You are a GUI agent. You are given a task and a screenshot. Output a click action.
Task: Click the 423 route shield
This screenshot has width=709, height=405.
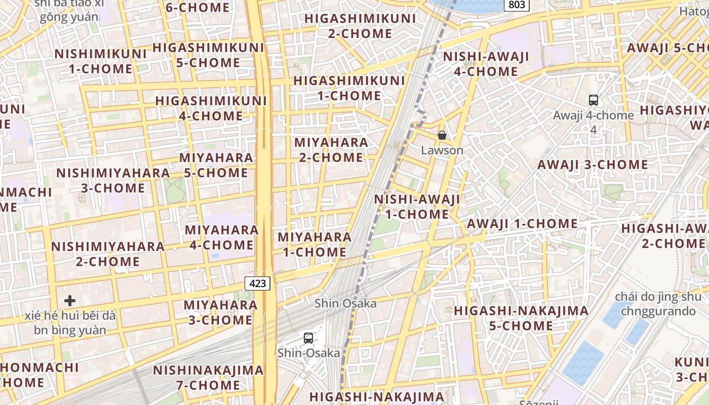[x=258, y=283]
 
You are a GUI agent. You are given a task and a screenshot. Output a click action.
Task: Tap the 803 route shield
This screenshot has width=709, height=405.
[x=517, y=5]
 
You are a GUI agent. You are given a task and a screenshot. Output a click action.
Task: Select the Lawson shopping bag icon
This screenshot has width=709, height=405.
[x=442, y=135]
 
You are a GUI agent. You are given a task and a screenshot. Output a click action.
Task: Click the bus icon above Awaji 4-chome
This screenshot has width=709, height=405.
[x=594, y=100]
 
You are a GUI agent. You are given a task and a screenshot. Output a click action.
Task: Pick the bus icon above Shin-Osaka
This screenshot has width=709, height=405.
[x=308, y=338]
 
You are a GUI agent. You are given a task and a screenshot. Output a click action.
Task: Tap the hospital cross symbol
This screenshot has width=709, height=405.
[x=70, y=301]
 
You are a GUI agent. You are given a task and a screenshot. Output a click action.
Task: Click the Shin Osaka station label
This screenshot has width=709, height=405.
[x=345, y=303]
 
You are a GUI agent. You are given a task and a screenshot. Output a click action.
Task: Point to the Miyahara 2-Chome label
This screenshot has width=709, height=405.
[x=331, y=150]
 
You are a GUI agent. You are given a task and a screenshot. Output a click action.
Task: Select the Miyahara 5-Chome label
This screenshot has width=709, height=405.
[x=216, y=165]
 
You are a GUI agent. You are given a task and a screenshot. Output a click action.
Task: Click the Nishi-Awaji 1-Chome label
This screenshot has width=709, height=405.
[x=417, y=207]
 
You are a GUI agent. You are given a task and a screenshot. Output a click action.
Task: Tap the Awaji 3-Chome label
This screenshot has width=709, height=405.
[x=593, y=165]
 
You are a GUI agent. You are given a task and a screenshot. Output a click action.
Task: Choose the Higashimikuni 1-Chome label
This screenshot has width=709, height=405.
[x=349, y=88]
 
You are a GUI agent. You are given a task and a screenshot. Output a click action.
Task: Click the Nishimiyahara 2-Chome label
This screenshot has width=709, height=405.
[x=108, y=254]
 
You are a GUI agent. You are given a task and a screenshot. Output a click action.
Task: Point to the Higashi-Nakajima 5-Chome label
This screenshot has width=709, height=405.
[x=521, y=318]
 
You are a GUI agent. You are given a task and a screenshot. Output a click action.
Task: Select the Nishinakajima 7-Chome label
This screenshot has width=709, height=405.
[x=208, y=378]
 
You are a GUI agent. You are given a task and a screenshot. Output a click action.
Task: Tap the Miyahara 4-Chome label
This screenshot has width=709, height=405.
[x=222, y=237]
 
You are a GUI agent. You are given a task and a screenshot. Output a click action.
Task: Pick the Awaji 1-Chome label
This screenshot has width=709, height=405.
[x=522, y=223]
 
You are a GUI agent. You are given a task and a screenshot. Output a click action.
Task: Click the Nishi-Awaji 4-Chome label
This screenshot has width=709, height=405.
[x=486, y=64]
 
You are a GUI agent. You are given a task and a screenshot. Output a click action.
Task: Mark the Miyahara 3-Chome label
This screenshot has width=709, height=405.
[x=220, y=312]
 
